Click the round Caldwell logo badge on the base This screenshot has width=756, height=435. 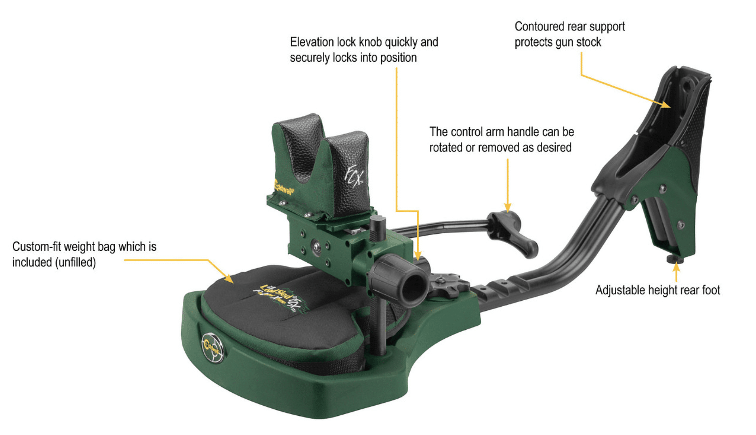213,348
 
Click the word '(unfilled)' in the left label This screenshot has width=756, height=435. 75,262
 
